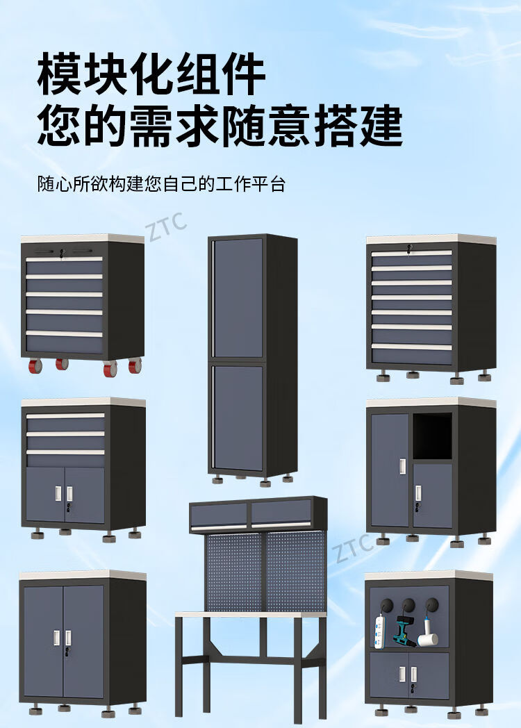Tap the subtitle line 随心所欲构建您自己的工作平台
tap(161, 185)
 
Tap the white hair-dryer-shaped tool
tap(428, 634)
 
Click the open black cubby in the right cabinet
tap(432, 436)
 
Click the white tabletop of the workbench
tap(250, 614)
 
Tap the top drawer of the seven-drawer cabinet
tap(412, 258)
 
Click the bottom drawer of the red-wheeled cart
tap(65, 343)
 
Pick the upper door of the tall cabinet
tap(238, 297)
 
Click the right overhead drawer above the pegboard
tap(281, 513)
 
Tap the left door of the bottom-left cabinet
tap(44, 640)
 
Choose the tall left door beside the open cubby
tap(390, 470)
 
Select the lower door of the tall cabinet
tap(238, 418)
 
